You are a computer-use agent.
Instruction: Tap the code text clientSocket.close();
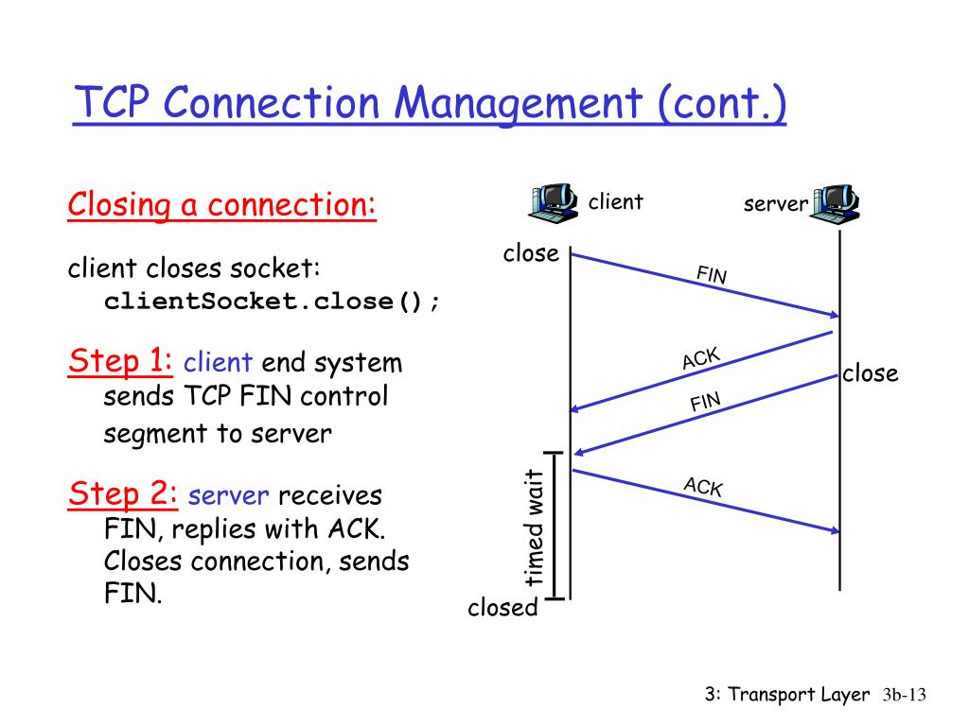pos(273,302)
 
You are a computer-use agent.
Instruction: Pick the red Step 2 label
pos(124,493)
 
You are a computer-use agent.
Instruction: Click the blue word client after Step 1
pos(218,363)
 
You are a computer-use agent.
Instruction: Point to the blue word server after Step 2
pos(230,495)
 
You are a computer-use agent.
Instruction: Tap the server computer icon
pos(836,202)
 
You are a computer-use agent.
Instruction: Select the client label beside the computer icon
pos(615,201)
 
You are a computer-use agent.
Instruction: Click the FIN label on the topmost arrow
pos(712,275)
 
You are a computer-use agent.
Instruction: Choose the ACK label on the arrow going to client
pos(701,359)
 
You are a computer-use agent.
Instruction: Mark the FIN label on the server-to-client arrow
pos(705,403)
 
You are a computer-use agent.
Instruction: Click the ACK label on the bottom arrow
pos(703,487)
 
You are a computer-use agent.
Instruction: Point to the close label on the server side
pos(870,373)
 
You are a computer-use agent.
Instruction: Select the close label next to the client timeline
pos(531,253)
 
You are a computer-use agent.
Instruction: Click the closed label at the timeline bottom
pos(502,608)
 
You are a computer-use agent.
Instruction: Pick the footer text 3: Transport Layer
pos(787,695)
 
